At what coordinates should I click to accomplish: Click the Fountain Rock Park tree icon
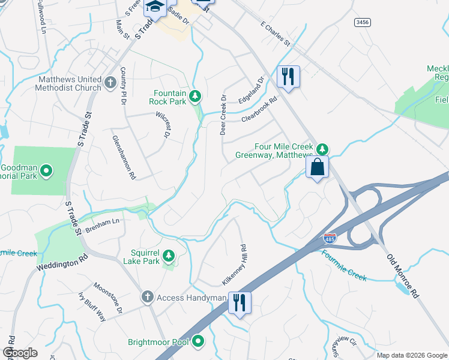coord(194,95)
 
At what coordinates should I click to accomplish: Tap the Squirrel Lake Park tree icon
coord(169,256)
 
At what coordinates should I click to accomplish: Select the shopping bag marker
coord(317,167)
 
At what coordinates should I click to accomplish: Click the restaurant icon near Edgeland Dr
coord(288,76)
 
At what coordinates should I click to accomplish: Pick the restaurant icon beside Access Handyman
coord(240,302)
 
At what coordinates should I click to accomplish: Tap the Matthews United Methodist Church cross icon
coord(109,82)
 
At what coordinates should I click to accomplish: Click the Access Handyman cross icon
coord(148,297)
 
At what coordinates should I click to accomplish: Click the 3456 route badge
coord(362,22)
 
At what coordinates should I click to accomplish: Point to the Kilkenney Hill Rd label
coord(235,265)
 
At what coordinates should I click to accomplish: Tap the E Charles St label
coord(275,35)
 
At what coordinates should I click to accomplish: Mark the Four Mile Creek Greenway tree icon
coord(322,148)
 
